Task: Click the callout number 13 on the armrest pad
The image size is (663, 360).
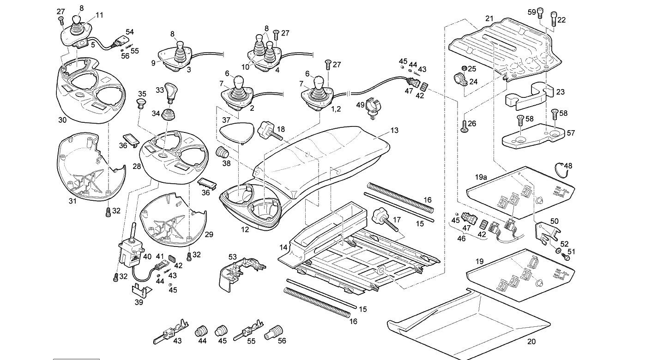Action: [x=394, y=131]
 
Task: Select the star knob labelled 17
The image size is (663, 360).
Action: [x=385, y=220]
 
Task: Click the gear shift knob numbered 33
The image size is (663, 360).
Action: [x=170, y=92]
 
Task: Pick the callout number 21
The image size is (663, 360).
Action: [x=489, y=18]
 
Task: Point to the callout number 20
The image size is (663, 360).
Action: [x=531, y=342]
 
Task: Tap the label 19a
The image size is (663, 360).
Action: [x=481, y=177]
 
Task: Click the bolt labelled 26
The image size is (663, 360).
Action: [x=464, y=126]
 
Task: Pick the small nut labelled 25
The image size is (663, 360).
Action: [x=464, y=69]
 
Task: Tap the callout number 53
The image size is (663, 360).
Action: [x=233, y=257]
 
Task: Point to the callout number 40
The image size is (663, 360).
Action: [x=147, y=256]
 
